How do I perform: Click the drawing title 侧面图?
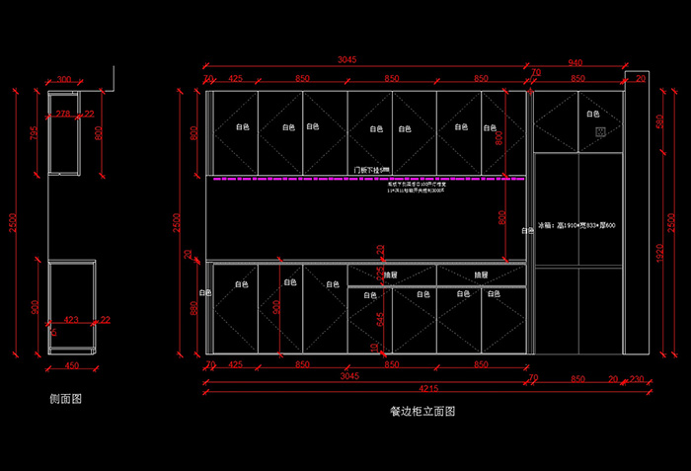tap(65, 399)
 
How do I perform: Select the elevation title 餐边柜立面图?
tap(422, 410)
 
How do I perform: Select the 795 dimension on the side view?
tap(34, 133)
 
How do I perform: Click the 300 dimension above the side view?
tap(64, 80)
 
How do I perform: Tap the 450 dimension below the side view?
tap(71, 365)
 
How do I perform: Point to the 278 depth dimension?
tap(63, 114)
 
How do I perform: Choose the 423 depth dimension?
tap(71, 319)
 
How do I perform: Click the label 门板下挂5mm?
tap(372, 170)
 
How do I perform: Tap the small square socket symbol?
tap(596, 129)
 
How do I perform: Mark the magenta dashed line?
tap(365, 180)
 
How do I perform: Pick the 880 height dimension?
tap(194, 308)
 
